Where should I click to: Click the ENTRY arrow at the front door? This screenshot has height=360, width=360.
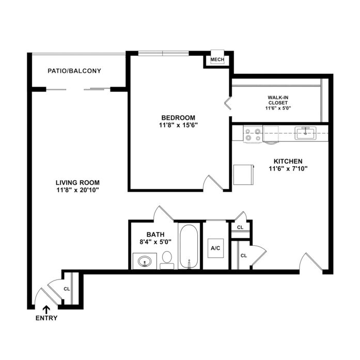tap(46, 310)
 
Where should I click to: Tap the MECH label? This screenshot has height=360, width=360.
tap(217, 59)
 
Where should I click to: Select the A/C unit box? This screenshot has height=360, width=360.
tap(215, 248)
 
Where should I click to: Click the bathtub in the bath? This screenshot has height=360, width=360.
tap(189, 246)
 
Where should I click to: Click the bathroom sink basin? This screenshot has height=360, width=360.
tap(145, 261)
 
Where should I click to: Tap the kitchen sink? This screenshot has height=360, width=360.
tap(305, 133)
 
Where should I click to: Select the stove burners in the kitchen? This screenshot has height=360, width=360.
tap(253, 134)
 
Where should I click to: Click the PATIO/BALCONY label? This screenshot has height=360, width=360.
tap(74, 71)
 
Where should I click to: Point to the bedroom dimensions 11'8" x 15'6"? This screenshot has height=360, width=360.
tap(178, 125)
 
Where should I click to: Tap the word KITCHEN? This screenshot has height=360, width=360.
tap(288, 161)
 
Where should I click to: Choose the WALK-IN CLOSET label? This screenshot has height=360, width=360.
tap(278, 100)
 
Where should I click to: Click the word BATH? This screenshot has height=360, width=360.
tap(155, 234)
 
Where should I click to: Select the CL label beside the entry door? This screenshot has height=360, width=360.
tap(67, 289)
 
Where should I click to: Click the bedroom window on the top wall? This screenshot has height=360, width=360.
tap(163, 54)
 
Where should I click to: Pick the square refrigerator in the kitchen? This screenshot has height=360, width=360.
tap(243, 175)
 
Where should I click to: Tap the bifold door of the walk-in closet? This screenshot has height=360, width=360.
tap(228, 103)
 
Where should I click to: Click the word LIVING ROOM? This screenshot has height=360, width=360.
tap(77, 183)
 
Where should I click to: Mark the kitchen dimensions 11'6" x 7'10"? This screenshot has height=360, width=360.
tap(288, 169)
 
